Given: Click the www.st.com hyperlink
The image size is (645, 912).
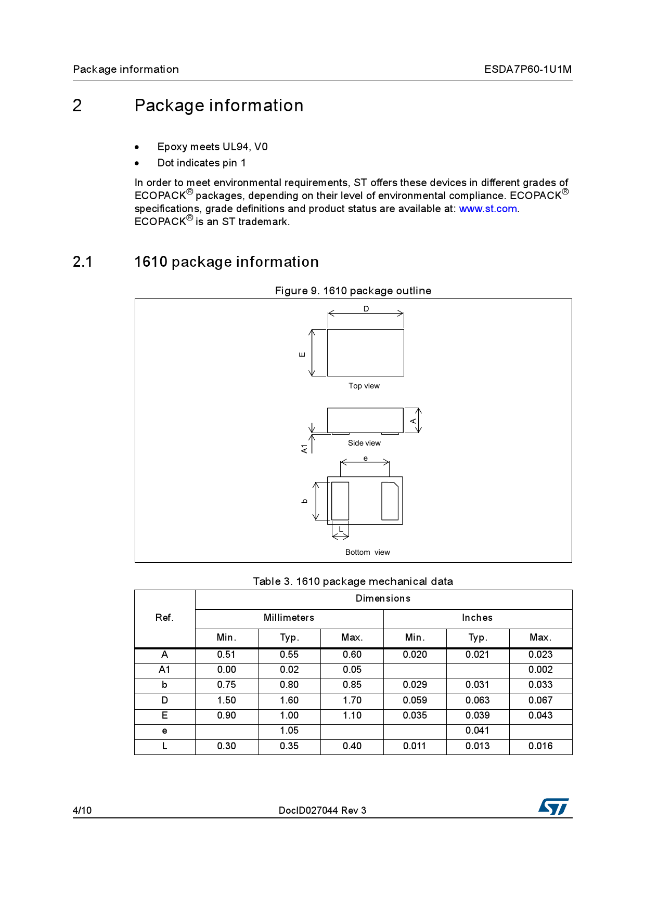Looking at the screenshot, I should tap(487, 209).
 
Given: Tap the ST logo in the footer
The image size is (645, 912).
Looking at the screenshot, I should tap(553, 806).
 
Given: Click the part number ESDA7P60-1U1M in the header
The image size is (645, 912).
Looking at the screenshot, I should tap(527, 69).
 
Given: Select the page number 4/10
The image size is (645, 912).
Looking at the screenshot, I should tap(82, 810).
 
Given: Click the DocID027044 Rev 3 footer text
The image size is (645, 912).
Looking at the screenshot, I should tap(322, 810).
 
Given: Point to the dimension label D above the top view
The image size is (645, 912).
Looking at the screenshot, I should tap(366, 309).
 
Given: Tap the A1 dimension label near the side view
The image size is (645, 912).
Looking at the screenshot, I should tap(304, 448).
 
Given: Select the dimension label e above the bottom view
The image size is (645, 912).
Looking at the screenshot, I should tap(366, 458).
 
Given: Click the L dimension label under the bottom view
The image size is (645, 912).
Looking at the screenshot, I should tap(341, 529).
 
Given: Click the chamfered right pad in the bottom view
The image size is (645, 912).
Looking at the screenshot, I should tap(390, 501).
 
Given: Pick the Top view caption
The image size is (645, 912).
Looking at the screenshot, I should tap(364, 386).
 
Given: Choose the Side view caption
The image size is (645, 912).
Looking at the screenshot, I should tap(364, 443).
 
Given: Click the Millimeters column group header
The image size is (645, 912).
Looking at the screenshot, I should tap(289, 618).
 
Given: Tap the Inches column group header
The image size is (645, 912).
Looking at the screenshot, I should tap(477, 618).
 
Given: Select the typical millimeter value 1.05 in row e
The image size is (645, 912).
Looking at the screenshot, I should tap(289, 731).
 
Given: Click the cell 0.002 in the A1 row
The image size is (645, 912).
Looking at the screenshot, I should tap(540, 670).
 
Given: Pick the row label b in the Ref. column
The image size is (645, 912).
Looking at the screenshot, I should tap(164, 685).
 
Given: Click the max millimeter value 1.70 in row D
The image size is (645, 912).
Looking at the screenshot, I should tap(352, 700).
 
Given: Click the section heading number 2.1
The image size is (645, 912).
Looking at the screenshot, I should tap(83, 262).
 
